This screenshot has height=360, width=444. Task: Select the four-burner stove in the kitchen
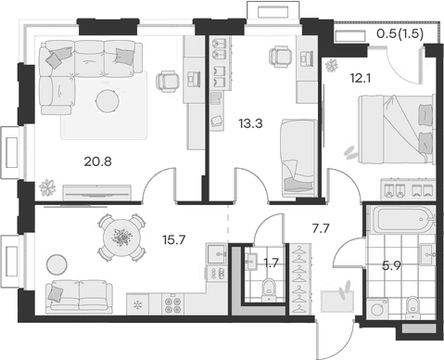pyautogui.click(x=172, y=302)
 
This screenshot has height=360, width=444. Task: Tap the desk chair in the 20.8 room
pyautogui.click(x=167, y=83)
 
